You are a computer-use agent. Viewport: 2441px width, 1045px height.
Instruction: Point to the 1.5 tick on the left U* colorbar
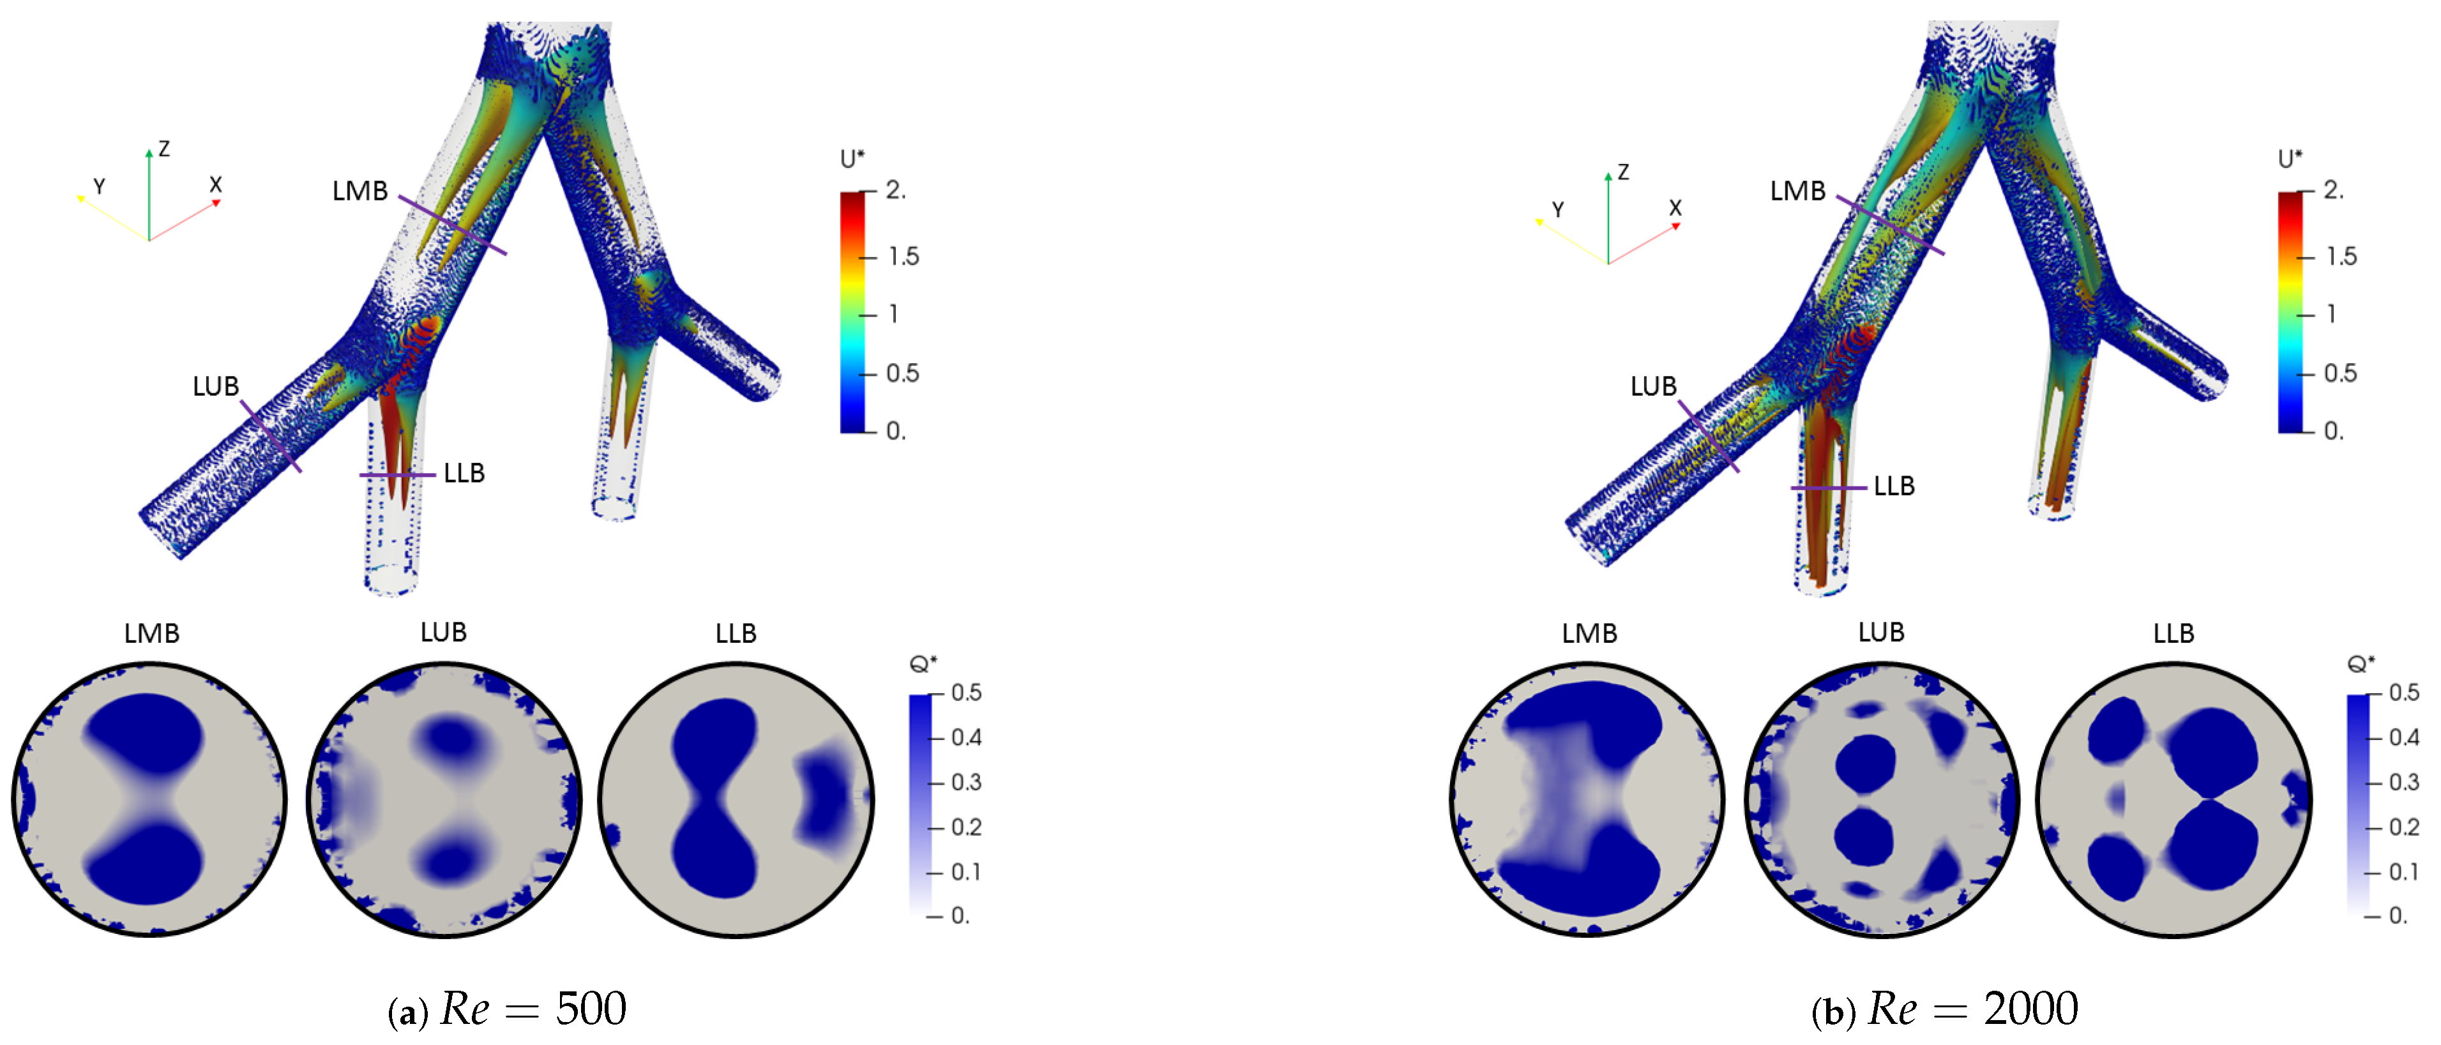(903, 257)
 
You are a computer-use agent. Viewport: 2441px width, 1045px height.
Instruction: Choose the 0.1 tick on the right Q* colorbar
(2403, 871)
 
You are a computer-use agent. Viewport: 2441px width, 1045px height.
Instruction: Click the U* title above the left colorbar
(852, 158)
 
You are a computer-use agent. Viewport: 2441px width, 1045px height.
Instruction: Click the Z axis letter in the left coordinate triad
(164, 149)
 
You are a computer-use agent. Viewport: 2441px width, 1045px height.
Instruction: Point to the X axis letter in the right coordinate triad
(1675, 207)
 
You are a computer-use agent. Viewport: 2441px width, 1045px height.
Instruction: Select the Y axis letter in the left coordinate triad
(98, 186)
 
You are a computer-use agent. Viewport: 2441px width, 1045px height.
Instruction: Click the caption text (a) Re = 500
(508, 1009)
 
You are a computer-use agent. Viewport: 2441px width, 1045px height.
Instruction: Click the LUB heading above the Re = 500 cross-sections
(444, 632)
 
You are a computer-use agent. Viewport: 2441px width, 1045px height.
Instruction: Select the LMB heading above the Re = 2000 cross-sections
(1589, 633)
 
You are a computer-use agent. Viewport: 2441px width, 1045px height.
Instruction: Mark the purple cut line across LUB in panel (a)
(271, 436)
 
